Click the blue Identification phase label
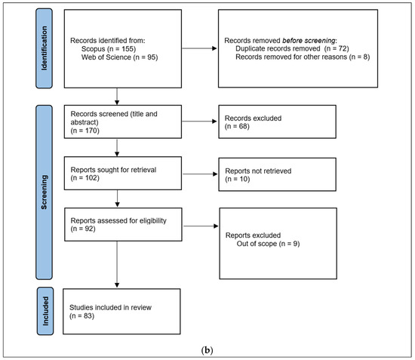45,48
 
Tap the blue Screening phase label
45,192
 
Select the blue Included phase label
45,311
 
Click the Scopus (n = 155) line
109,49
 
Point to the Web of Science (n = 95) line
120,57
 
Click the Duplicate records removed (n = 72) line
292,49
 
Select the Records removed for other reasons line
303,57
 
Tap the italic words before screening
309,41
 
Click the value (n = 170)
85,131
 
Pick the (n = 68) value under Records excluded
237,126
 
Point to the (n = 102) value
85,178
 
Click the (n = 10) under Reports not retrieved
238,179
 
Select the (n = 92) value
83,229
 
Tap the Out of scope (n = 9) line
268,244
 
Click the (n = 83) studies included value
81,316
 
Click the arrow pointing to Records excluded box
199,122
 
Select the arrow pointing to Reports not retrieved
200,174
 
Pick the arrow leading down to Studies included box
117,264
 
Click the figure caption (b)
207,350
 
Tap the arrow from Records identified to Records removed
199,48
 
